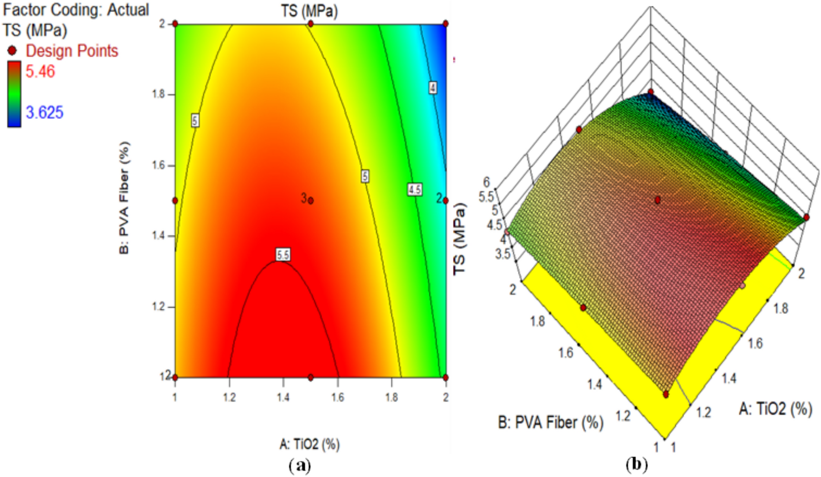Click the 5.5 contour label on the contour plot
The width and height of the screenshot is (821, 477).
(283, 254)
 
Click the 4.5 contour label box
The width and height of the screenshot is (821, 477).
(414, 189)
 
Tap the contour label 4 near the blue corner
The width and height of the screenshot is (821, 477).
(433, 88)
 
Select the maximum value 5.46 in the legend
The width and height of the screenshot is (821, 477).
(40, 72)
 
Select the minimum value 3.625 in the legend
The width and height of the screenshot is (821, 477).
(45, 112)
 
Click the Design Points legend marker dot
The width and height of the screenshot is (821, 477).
(12, 51)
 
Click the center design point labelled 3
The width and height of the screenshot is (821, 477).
(311, 200)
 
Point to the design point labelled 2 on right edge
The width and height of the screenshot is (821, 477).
(445, 200)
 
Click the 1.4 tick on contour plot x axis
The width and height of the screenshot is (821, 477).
(283, 397)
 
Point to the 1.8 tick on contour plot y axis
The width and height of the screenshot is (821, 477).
(159, 94)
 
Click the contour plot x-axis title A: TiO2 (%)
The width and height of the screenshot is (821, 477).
(310, 444)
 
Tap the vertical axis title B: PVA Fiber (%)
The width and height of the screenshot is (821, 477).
(124, 198)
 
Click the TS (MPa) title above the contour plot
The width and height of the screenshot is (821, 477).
(309, 11)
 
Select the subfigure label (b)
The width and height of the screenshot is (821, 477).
(637, 465)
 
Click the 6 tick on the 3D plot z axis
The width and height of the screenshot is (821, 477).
(486, 182)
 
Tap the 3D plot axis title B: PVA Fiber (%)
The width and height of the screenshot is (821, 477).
(551, 422)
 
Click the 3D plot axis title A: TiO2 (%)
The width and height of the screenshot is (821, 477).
(775, 409)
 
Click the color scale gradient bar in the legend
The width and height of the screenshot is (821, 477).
(14, 94)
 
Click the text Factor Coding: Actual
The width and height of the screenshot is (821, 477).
(76, 10)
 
